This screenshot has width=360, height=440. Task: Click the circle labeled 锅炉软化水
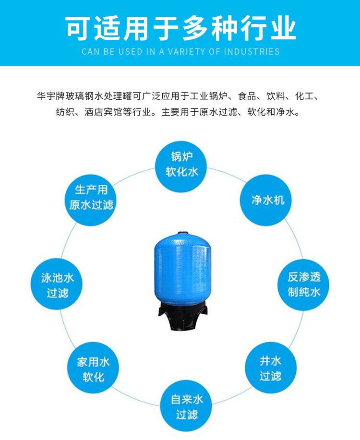pos(181,166)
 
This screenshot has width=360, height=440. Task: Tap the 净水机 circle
pos(265,200)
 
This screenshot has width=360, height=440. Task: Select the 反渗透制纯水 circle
pos(303,284)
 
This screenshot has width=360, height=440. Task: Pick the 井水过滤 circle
pos(271,368)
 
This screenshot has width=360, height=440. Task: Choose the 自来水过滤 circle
pos(186,406)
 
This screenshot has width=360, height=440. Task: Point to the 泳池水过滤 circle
pos(57,284)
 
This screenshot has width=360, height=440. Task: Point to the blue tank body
pos(182,269)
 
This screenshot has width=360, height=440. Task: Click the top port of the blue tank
pos(183,233)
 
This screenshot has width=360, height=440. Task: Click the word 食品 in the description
pos(247,96)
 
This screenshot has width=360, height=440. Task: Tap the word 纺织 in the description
pos(65,112)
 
